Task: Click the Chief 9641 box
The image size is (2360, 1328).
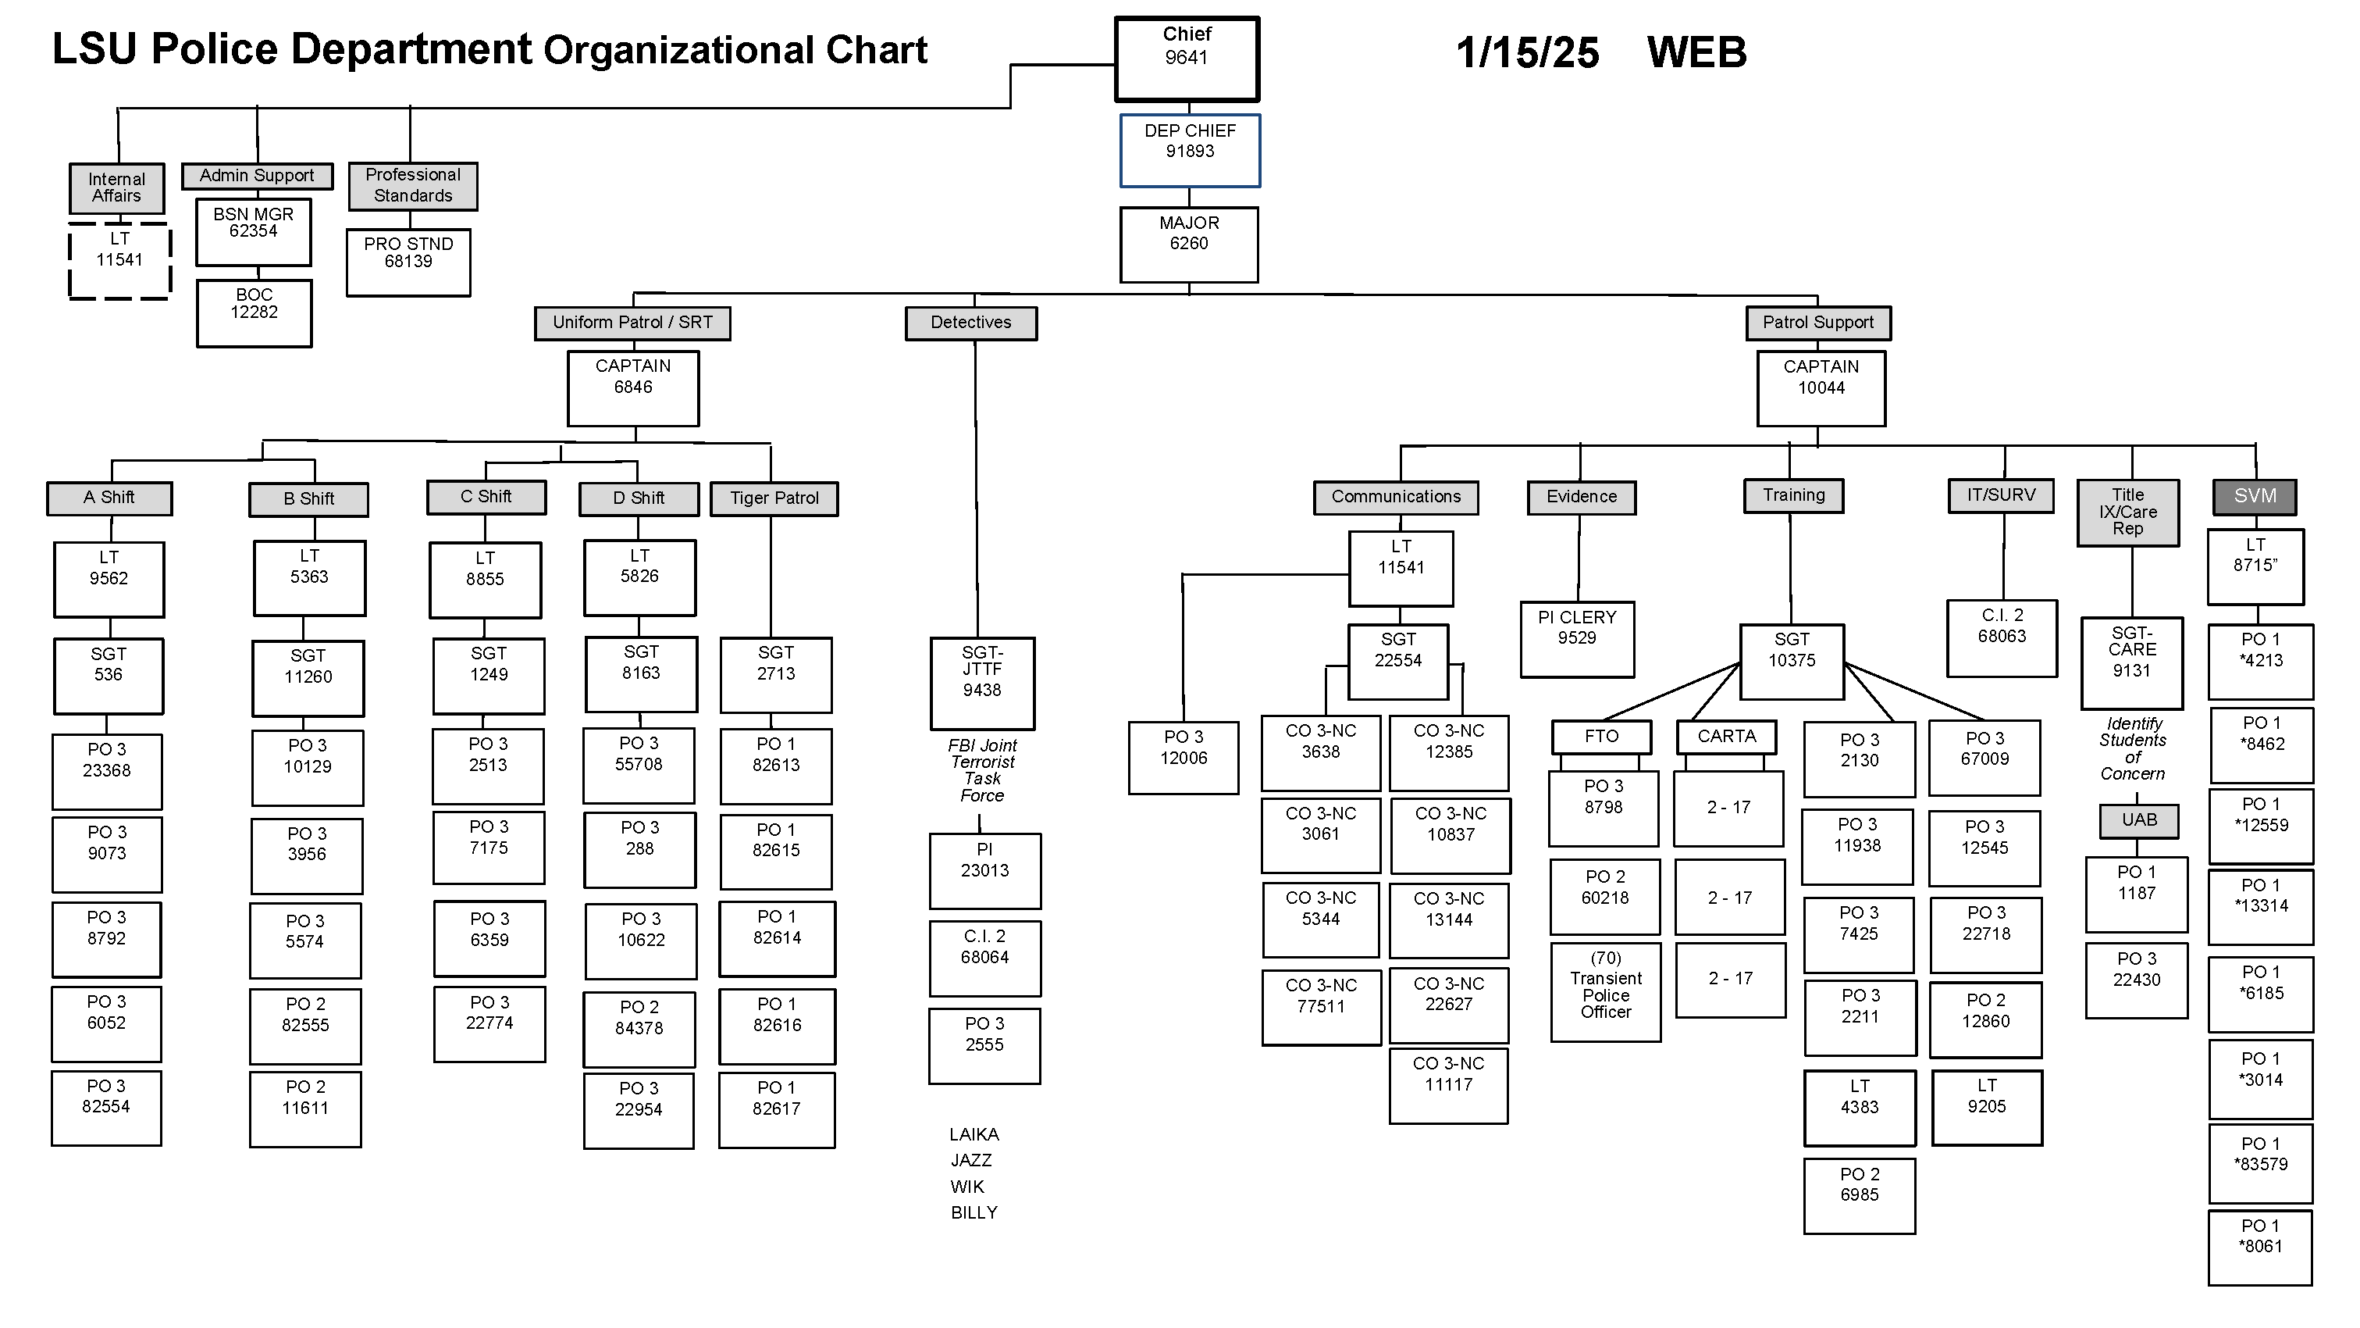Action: [1187, 59]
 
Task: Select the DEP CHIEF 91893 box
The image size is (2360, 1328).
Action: [1189, 150]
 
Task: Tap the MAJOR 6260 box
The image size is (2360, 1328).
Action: [1188, 244]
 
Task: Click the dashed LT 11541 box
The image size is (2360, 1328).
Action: [119, 260]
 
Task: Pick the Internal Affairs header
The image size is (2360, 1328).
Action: [116, 188]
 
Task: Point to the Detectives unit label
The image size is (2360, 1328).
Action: [970, 323]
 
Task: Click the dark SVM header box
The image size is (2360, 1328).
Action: [2254, 497]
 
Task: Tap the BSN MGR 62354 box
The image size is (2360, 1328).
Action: [253, 232]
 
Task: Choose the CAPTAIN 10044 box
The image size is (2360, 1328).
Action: [1821, 387]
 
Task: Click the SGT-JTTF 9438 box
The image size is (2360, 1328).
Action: [981, 683]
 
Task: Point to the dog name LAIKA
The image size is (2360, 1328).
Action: [974, 1134]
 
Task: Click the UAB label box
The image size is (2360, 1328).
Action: [2138, 820]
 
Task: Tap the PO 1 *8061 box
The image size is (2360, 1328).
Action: [2259, 1247]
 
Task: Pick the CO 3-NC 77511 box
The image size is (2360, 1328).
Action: [1320, 1006]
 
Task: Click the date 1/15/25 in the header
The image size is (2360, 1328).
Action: [1527, 53]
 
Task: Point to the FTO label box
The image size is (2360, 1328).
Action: [1600, 737]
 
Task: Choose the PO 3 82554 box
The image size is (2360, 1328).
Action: [106, 1107]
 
